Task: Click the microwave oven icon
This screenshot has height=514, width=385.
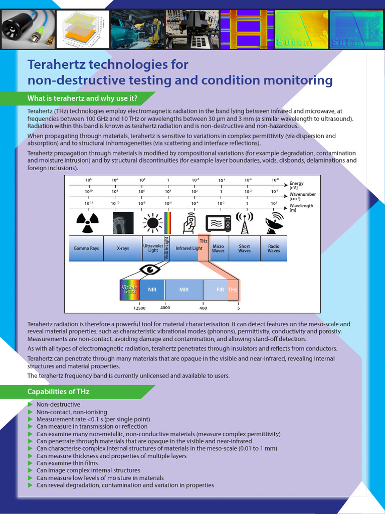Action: coord(218,223)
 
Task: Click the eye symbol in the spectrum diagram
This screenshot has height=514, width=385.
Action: coord(149,270)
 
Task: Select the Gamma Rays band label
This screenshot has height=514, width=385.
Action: coord(86,248)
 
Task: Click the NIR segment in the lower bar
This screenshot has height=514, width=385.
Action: coord(152,290)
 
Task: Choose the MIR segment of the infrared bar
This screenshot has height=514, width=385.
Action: coord(184,290)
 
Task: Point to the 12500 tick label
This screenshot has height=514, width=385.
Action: coord(139,308)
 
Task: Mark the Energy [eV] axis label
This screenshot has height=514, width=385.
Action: coord(297,186)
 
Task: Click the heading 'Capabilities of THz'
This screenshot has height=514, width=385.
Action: coord(58,392)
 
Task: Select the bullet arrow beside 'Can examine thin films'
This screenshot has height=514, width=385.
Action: coord(31,463)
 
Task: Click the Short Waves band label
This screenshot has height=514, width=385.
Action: coord(244,248)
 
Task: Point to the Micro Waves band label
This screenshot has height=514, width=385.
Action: coord(218,248)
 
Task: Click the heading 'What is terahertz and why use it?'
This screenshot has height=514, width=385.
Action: coord(82,97)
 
